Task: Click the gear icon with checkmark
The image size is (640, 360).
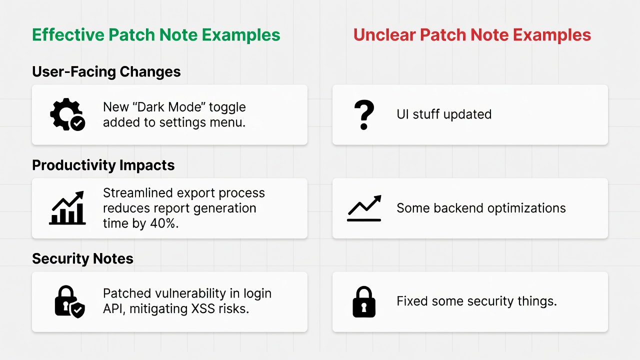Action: pyautogui.click(x=67, y=114)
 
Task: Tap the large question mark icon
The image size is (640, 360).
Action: pyautogui.click(x=363, y=115)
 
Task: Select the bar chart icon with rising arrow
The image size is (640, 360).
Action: pyautogui.click(x=67, y=208)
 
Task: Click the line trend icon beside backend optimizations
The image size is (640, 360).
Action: pyautogui.click(x=364, y=208)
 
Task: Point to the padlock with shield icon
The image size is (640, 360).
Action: pyautogui.click(x=69, y=301)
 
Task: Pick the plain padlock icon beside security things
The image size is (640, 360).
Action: pyautogui.click(x=363, y=301)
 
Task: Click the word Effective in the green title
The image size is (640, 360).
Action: pyautogui.click(x=68, y=35)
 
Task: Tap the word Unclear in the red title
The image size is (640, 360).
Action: pyautogui.click(x=384, y=35)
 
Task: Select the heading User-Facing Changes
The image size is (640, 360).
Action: pyautogui.click(x=106, y=71)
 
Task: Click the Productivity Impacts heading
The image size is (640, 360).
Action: pyautogui.click(x=103, y=165)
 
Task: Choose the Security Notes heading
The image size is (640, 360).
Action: pyautogui.click(x=82, y=258)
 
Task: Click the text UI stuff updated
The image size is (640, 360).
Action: pyautogui.click(x=444, y=114)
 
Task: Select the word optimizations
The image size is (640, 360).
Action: pyautogui.click(x=526, y=208)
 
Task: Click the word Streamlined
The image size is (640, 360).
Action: pyautogui.click(x=137, y=193)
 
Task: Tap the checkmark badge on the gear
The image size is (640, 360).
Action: pyautogui.click(x=77, y=123)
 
